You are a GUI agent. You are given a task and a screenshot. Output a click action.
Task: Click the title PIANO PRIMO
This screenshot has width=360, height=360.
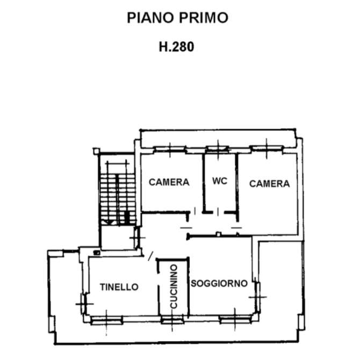coord(177,18)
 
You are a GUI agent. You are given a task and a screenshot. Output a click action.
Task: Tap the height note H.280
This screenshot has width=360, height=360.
coord(176,47)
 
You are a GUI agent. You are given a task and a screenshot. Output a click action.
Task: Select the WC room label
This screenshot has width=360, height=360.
coord(220,181)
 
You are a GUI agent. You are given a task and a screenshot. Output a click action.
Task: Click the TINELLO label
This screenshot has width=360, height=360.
coord(119,287)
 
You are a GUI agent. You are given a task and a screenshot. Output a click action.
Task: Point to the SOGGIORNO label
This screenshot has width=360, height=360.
coord(219,283)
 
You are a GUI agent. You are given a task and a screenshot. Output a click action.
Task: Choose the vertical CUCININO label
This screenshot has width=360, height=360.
coord(174,286)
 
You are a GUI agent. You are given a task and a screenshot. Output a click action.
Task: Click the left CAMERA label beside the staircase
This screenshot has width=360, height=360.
coord(169,182)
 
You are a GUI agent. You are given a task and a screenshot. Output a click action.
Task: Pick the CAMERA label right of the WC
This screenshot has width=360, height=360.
coord(269,184)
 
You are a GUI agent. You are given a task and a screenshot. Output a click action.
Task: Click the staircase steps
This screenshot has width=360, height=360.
coord(118,199)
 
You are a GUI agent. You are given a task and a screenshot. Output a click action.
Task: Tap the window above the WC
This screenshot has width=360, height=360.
coord(218,149)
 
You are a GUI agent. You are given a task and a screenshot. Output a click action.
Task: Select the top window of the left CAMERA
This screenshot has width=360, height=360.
coord(170,150)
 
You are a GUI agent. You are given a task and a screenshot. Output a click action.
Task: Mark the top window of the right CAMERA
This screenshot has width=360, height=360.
coord(267,148)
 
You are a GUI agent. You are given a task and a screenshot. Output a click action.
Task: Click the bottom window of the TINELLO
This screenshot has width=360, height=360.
coord(106,320)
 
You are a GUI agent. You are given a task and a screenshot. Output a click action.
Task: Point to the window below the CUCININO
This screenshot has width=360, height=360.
coord(172,320)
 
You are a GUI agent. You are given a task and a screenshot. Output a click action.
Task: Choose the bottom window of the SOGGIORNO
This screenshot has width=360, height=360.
coord(235,319)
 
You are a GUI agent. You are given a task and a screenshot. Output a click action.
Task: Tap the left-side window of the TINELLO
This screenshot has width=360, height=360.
coord(84,304)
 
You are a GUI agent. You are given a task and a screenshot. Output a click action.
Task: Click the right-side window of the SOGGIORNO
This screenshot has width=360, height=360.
coord(257,297)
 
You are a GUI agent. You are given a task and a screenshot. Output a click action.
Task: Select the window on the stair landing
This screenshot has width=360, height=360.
coord(137,238)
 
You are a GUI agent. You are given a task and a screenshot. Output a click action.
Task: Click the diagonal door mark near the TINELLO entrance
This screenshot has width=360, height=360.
coord(150,256)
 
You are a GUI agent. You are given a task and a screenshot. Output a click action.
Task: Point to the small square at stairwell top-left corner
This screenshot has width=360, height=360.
coord(96,151)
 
